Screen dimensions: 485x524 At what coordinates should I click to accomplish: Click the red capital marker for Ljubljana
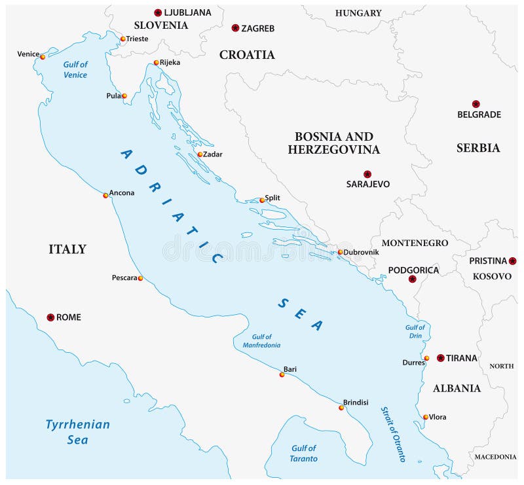pyautogui.click(x=158, y=12)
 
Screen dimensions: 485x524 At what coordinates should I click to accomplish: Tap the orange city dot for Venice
pyautogui.click(x=43, y=56)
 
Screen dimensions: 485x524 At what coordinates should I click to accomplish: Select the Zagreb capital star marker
pyautogui.click(x=235, y=28)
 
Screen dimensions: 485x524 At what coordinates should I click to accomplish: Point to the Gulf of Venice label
pyautogui.click(x=75, y=69)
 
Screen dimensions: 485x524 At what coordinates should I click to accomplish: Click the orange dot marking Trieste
pyautogui.click(x=122, y=39)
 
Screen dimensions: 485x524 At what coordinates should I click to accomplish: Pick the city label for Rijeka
pyautogui.click(x=170, y=62)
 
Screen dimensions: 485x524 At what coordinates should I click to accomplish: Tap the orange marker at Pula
pyautogui.click(x=124, y=96)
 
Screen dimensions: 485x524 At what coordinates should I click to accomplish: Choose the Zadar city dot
pyautogui.click(x=200, y=154)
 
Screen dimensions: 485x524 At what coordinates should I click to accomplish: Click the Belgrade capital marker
pyautogui.click(x=476, y=104)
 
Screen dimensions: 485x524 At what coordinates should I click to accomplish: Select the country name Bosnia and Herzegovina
pyautogui.click(x=333, y=143)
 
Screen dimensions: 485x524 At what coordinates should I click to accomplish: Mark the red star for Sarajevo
pyautogui.click(x=367, y=174)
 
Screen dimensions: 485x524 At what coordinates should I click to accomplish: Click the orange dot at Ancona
pyautogui.click(x=105, y=195)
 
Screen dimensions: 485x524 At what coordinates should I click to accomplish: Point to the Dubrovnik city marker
pyautogui.click(x=340, y=252)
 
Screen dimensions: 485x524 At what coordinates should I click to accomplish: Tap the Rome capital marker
pyautogui.click(x=50, y=317)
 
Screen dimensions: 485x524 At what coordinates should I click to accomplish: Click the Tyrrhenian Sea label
pyautogui.click(x=77, y=432)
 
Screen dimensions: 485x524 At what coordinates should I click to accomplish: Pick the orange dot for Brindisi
pyautogui.click(x=341, y=408)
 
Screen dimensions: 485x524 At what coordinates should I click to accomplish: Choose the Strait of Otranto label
pyautogui.click(x=393, y=435)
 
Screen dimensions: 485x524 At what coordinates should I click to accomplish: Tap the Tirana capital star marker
pyautogui.click(x=441, y=358)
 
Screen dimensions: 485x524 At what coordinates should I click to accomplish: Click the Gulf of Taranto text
pyautogui.click(x=303, y=453)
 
